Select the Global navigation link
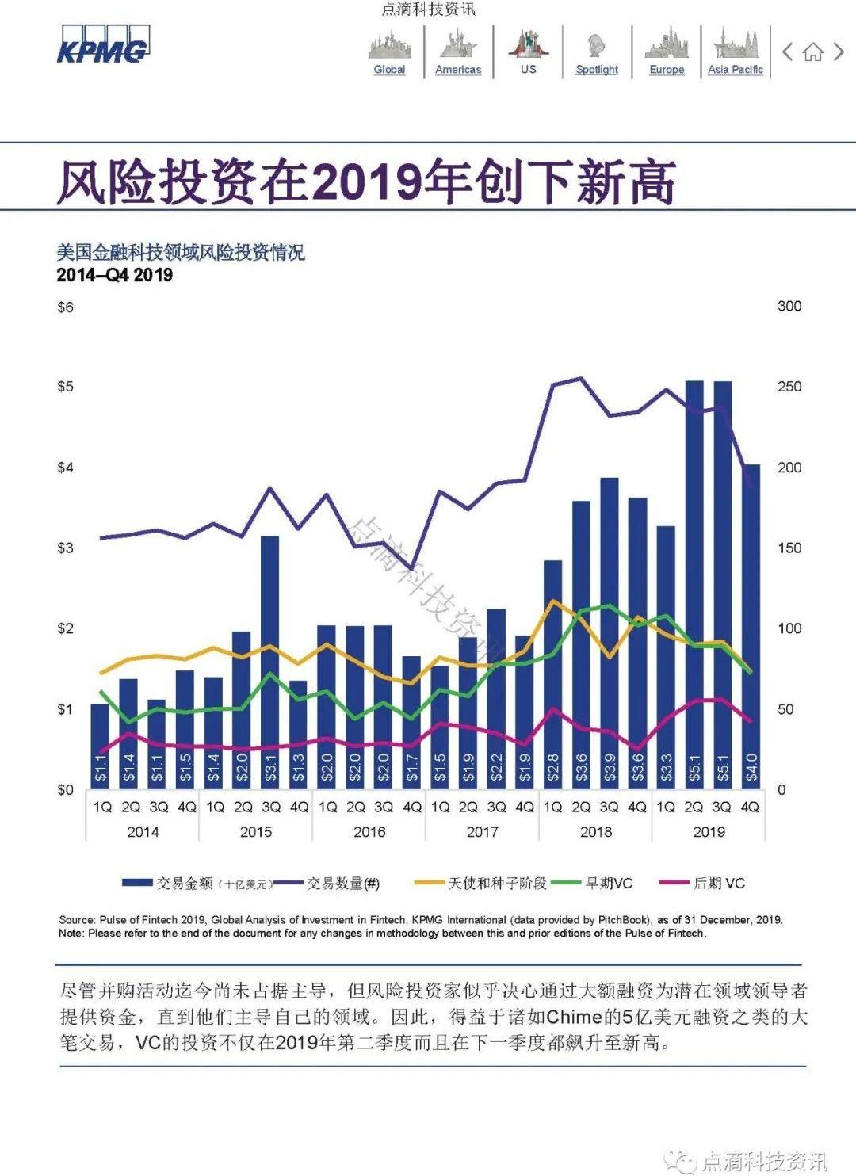pyautogui.click(x=389, y=69)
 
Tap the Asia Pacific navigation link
pyautogui.click(x=735, y=69)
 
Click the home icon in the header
pyautogui.click(x=812, y=53)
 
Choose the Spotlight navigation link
pyautogui.click(x=597, y=69)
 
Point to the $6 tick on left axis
pyautogui.click(x=65, y=307)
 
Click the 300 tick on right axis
pyautogui.click(x=789, y=306)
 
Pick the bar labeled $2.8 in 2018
pyautogui.click(x=552, y=674)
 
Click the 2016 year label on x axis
pyautogui.click(x=369, y=831)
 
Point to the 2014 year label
pyautogui.click(x=143, y=831)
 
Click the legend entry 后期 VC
pyautogui.click(x=719, y=883)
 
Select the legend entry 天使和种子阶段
pyautogui.click(x=498, y=883)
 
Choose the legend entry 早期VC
pyautogui.click(x=609, y=883)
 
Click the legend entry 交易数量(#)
pyautogui.click(x=343, y=883)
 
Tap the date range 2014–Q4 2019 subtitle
pyautogui.click(x=115, y=275)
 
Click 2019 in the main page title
pyautogui.click(x=366, y=182)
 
